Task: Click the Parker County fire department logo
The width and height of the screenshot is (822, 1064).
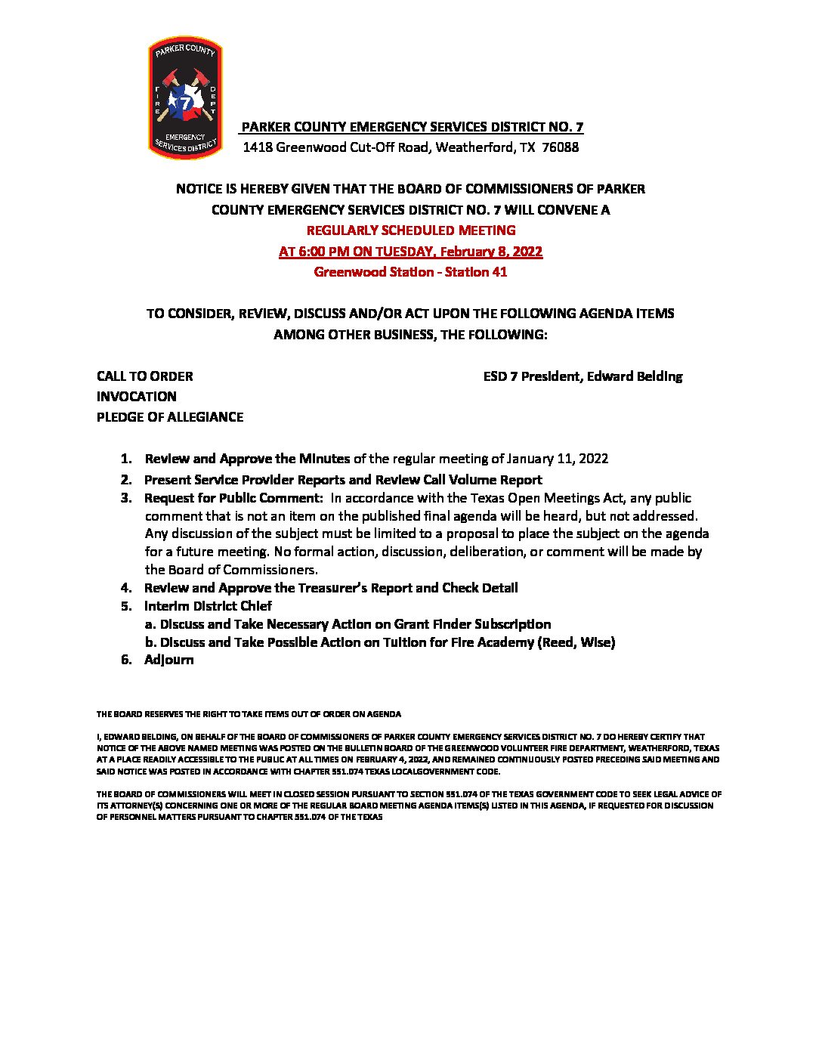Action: coord(185,98)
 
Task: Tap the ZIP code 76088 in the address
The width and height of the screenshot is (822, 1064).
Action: coord(561,147)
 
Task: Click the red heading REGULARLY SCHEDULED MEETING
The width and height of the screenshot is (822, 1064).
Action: coord(411,230)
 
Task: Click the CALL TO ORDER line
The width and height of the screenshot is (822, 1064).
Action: coord(145,376)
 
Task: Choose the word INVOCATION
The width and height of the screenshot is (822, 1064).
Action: coord(137,397)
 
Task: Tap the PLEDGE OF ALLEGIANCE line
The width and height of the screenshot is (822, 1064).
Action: coord(170,417)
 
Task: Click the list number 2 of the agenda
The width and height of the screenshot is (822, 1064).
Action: coord(126,480)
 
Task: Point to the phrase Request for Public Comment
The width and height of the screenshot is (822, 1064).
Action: coord(233,498)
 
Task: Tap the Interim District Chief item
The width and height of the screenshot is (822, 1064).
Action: coord(208,606)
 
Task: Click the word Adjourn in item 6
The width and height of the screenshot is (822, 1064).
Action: coord(169,660)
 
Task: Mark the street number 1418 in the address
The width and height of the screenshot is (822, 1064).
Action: coord(257,147)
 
